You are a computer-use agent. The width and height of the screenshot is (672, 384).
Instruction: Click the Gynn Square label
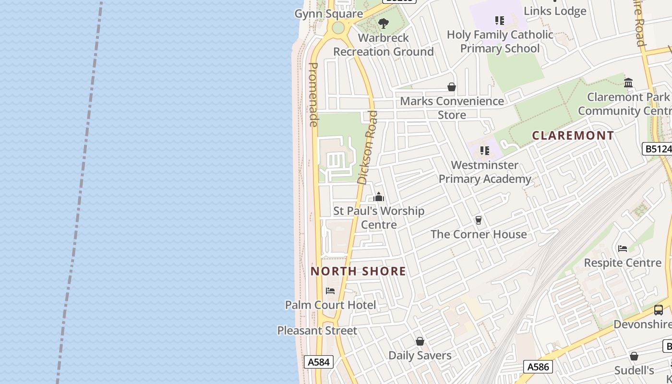[x=328, y=13]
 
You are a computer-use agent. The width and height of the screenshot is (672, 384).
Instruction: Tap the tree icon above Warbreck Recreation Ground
[x=383, y=23]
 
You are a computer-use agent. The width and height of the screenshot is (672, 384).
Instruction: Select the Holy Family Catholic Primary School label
[x=500, y=41]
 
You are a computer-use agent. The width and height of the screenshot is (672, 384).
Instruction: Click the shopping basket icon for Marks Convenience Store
[x=452, y=87]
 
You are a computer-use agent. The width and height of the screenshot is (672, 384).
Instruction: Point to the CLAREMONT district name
[x=573, y=135]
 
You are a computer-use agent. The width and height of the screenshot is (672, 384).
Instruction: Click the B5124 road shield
[x=657, y=149]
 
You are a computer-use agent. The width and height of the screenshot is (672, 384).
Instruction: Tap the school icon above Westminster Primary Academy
[x=485, y=151]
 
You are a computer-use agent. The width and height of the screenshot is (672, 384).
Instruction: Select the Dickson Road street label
[x=369, y=147]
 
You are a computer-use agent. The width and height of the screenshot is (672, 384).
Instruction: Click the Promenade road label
[x=313, y=95]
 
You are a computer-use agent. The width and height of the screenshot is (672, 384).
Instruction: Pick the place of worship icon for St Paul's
[x=379, y=197]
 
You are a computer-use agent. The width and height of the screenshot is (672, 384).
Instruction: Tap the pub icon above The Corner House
[x=478, y=220]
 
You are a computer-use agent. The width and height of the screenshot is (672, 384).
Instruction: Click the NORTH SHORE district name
[x=358, y=271]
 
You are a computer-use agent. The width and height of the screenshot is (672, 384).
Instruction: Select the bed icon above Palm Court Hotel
[x=330, y=291]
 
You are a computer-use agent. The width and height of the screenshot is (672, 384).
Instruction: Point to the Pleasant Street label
[x=317, y=330]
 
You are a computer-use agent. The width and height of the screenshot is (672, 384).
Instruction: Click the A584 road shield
[x=318, y=362]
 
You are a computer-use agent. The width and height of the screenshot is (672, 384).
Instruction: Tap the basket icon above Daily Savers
[x=420, y=341]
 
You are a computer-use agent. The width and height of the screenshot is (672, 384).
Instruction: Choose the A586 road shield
[x=538, y=367]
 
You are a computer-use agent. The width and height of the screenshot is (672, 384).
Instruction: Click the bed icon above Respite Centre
[x=623, y=249]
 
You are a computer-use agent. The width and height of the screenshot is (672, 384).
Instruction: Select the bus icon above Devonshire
[x=659, y=310]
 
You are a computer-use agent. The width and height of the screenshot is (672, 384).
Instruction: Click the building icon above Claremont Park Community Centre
[x=628, y=83]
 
